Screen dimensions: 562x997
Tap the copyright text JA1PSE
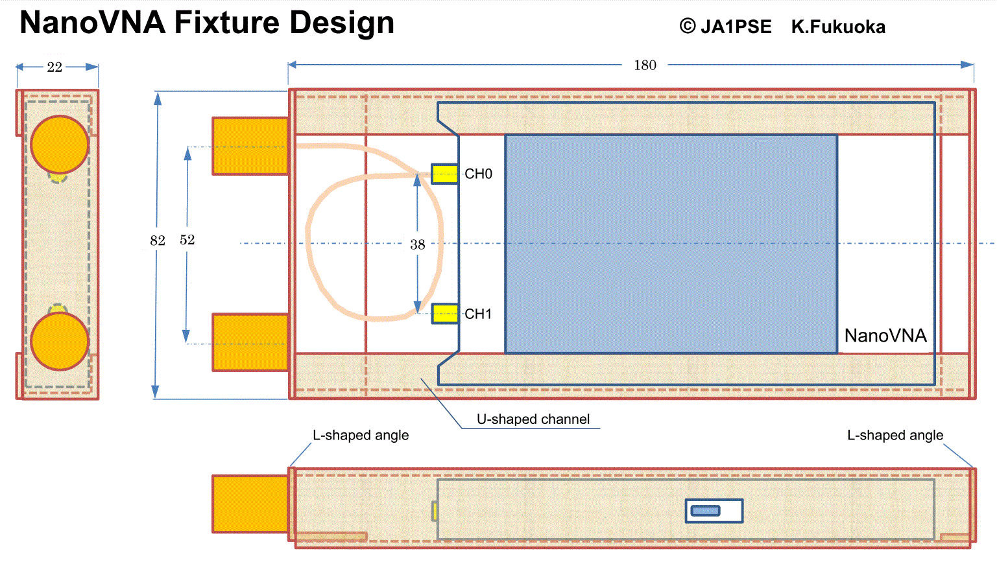pos(736,27)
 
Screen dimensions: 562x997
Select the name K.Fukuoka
pos(838,27)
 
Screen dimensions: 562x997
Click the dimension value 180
pos(645,65)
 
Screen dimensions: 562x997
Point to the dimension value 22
pos(54,67)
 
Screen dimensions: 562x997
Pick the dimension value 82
pos(158,240)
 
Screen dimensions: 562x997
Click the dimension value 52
pos(187,240)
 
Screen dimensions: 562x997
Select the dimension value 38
pos(418,244)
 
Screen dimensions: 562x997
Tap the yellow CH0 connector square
pos(445,174)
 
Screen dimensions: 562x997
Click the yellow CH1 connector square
pos(445,314)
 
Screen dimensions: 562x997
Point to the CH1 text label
pos(479,314)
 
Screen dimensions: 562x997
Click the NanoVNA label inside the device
pos(885,336)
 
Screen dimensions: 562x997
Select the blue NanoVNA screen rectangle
pos(671,244)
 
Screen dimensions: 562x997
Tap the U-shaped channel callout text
pos(533,419)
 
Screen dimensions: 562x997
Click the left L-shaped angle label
pos(361,436)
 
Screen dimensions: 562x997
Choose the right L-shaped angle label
pos(895,436)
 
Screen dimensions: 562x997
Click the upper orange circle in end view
pos(60,145)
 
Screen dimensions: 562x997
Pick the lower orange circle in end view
pos(60,341)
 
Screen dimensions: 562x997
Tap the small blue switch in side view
pos(706,511)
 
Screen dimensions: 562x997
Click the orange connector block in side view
pos(250,504)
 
